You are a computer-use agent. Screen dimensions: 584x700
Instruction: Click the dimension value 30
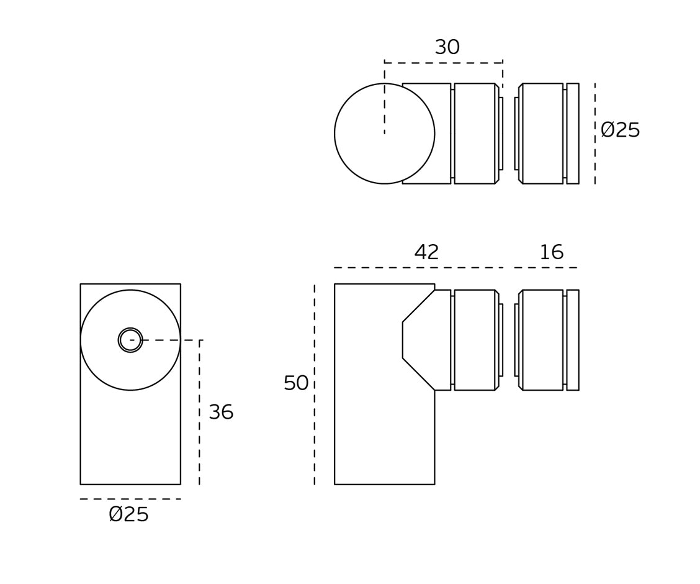point(447,48)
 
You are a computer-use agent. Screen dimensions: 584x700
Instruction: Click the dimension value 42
point(426,252)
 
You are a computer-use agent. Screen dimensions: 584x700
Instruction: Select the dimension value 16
point(551,252)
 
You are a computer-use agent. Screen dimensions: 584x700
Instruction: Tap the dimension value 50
point(296,383)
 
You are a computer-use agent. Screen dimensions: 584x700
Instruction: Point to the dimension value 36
point(221,413)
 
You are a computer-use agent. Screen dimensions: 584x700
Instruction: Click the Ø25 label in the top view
point(620,130)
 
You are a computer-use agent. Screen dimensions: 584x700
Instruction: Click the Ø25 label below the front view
point(128,514)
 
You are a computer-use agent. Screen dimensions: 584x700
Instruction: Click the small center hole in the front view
point(130,340)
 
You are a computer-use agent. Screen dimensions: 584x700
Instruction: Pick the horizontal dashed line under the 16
point(545,268)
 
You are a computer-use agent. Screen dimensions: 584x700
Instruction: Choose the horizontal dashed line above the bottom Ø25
point(130,499)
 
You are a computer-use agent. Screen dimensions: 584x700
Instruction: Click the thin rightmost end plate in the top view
point(573,134)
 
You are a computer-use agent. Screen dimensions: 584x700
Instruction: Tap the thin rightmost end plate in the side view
point(573,340)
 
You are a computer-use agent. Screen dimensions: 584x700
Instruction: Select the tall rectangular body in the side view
point(372,422)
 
